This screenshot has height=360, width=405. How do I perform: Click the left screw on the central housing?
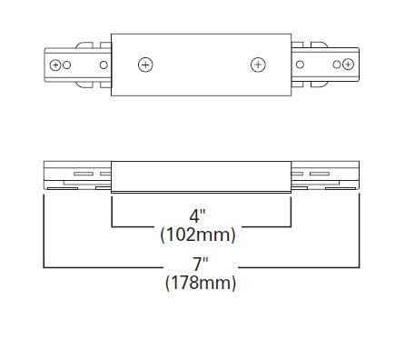145,65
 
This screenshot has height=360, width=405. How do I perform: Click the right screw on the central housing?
258,65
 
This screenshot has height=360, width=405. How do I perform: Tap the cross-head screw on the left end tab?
56,65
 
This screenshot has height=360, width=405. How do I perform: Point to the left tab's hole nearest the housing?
104,65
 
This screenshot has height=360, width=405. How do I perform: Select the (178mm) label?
202,284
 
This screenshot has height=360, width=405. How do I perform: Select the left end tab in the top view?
77,65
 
